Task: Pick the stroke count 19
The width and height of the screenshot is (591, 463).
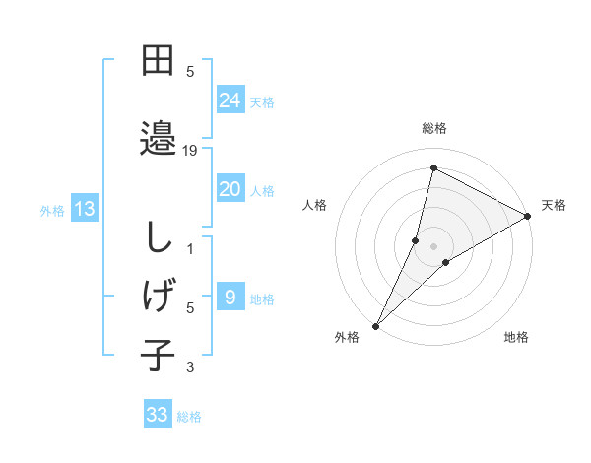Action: coord(191,151)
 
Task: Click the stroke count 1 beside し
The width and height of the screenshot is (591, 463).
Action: coord(191,249)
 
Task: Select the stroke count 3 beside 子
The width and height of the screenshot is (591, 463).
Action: coord(191,368)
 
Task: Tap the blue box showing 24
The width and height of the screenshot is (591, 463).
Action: coord(230,99)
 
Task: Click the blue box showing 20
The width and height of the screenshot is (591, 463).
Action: coord(230,189)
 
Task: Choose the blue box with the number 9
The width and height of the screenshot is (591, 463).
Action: coord(230,297)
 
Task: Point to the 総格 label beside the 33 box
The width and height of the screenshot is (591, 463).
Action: coord(189,417)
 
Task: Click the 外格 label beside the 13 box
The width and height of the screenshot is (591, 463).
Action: coord(52,210)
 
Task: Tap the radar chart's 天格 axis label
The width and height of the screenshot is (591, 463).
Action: coord(554,205)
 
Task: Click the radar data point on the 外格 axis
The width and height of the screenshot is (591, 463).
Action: coord(375,325)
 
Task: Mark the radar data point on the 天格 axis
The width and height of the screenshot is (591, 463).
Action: coord(527,216)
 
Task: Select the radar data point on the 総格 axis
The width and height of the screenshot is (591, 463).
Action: coord(433,168)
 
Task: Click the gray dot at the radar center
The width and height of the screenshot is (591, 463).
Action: coord(433,245)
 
